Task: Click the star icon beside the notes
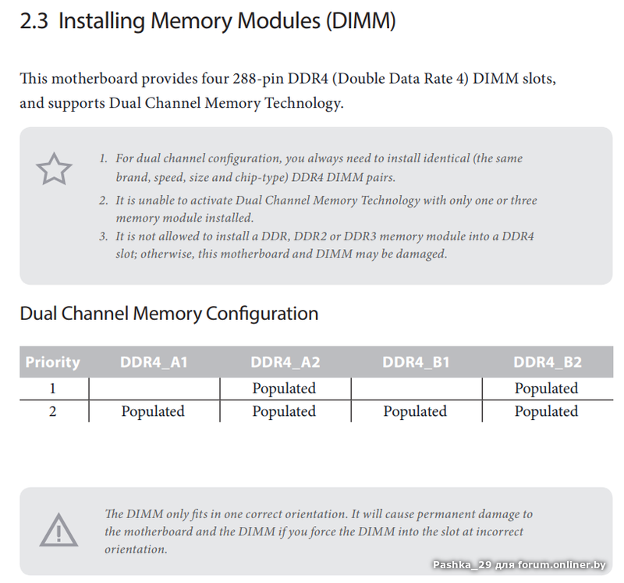pos(54,169)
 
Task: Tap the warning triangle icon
pos(58,531)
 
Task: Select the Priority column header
pos(52,362)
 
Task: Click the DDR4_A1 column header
pos(154,362)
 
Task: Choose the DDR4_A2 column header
pos(285,362)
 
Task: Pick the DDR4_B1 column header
pos(416,362)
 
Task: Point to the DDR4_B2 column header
pos(547,362)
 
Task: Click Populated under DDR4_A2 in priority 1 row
pos(284,389)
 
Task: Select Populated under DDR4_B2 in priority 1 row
pos(546,389)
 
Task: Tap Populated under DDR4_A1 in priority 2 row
pos(153,411)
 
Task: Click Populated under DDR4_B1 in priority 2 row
pos(415,411)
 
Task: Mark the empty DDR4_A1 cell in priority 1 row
pos(154,389)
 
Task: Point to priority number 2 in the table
pos(52,411)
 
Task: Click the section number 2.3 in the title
pos(35,22)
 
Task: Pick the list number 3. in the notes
pos(103,236)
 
